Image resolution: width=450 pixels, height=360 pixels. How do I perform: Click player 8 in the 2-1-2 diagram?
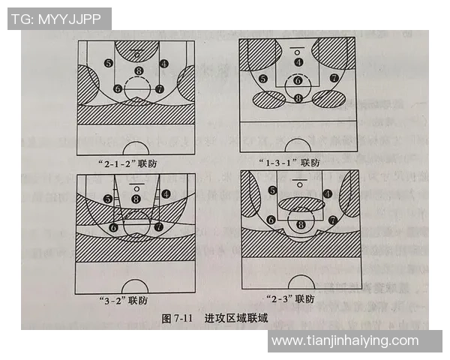(x=138, y=71)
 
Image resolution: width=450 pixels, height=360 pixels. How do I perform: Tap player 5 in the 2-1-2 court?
(x=109, y=63)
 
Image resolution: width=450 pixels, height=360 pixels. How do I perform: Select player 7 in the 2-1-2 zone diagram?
(x=159, y=88)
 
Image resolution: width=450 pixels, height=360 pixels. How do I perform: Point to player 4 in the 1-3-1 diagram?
(x=298, y=62)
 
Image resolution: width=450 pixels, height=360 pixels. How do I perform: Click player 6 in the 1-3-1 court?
(x=298, y=80)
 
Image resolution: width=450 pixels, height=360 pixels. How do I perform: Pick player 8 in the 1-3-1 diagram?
(x=298, y=98)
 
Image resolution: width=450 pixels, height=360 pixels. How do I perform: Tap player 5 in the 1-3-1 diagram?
(x=262, y=79)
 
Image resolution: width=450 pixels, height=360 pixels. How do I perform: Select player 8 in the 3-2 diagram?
(x=136, y=198)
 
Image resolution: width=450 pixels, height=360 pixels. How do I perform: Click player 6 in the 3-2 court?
(x=114, y=226)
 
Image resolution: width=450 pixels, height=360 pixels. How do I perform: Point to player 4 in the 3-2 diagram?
(x=165, y=193)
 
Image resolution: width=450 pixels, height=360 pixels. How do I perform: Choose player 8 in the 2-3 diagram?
(x=301, y=223)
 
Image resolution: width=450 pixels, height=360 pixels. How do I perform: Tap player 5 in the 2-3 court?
(x=272, y=190)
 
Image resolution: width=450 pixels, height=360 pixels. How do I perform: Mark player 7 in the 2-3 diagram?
(x=332, y=220)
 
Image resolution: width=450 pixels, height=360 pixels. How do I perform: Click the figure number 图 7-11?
(x=178, y=318)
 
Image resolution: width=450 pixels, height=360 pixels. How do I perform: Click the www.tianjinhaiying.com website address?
(x=345, y=340)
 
